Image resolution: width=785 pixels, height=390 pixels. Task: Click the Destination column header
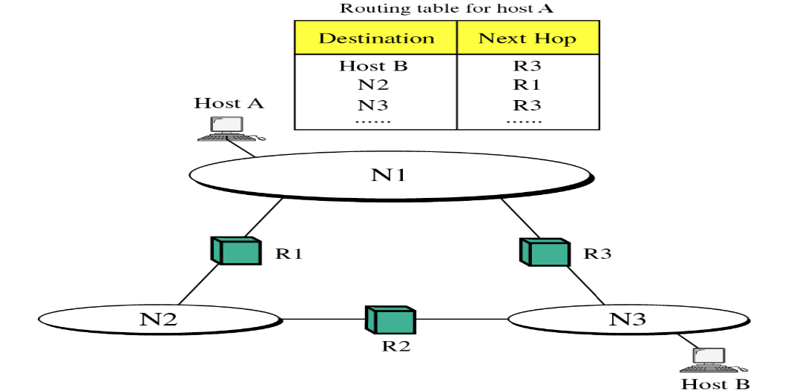(x=375, y=39)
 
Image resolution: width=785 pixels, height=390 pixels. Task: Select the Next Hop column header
(x=527, y=39)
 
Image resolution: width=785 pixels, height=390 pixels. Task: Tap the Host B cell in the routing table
(x=374, y=66)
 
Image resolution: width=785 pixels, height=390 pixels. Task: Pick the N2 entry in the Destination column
(x=374, y=85)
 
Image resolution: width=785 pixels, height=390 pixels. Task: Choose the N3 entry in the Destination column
(x=374, y=105)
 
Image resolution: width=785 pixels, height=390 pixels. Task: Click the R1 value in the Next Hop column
(x=527, y=85)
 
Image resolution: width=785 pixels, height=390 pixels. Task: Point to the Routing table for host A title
(x=447, y=9)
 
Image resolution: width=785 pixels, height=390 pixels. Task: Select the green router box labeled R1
(x=236, y=251)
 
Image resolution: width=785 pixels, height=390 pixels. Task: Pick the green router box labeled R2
(x=390, y=320)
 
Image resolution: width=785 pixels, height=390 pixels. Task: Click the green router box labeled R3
(x=544, y=252)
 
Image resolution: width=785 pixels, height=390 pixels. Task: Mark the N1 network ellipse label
(x=389, y=175)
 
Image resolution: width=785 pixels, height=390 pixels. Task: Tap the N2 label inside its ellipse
(x=158, y=320)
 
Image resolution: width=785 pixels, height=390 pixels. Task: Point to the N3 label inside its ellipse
(x=627, y=320)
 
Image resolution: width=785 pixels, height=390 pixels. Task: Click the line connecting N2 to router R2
(x=323, y=320)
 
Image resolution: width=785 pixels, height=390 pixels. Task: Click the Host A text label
(x=229, y=103)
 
